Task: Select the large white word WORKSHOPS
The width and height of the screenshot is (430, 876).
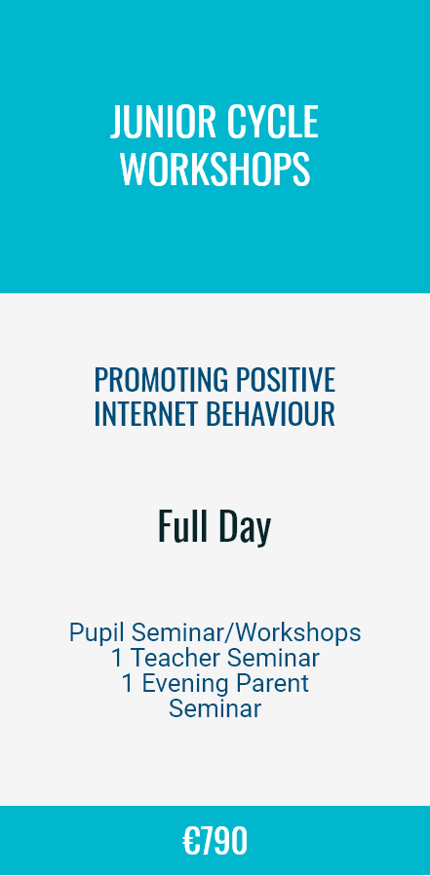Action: tap(215, 170)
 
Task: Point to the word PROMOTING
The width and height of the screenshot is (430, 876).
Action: tap(161, 380)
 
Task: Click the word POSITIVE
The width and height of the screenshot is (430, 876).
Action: tap(285, 380)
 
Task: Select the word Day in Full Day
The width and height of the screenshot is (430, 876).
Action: tap(245, 527)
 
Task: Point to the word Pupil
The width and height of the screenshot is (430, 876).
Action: tap(97, 633)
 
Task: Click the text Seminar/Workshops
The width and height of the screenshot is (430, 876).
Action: tap(246, 633)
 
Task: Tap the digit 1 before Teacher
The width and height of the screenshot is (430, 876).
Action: tap(116, 658)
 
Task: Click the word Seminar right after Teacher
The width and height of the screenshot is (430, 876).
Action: tap(273, 658)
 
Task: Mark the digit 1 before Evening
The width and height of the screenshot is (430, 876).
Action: tap(127, 684)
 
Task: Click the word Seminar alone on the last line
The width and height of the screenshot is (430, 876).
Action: tap(215, 709)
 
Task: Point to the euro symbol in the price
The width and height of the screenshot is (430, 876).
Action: tap(191, 841)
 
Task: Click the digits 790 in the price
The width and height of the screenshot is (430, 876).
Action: tap(223, 841)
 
